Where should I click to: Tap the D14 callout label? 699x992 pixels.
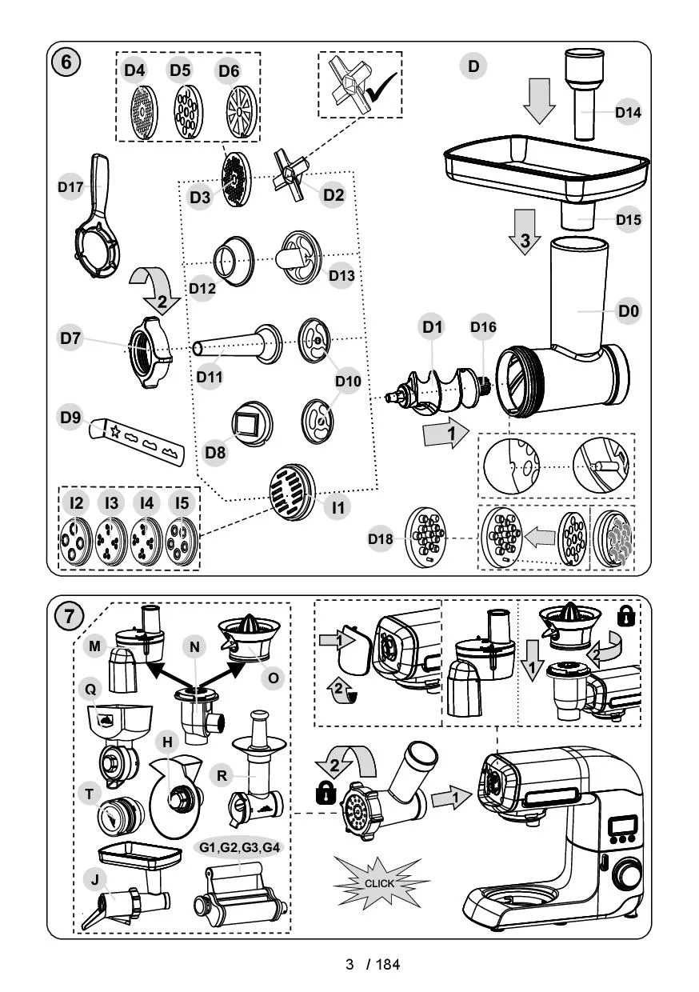point(629,113)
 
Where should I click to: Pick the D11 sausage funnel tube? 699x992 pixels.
point(237,343)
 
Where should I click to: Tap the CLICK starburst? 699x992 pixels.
point(379,883)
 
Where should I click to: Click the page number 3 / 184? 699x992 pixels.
point(372,963)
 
